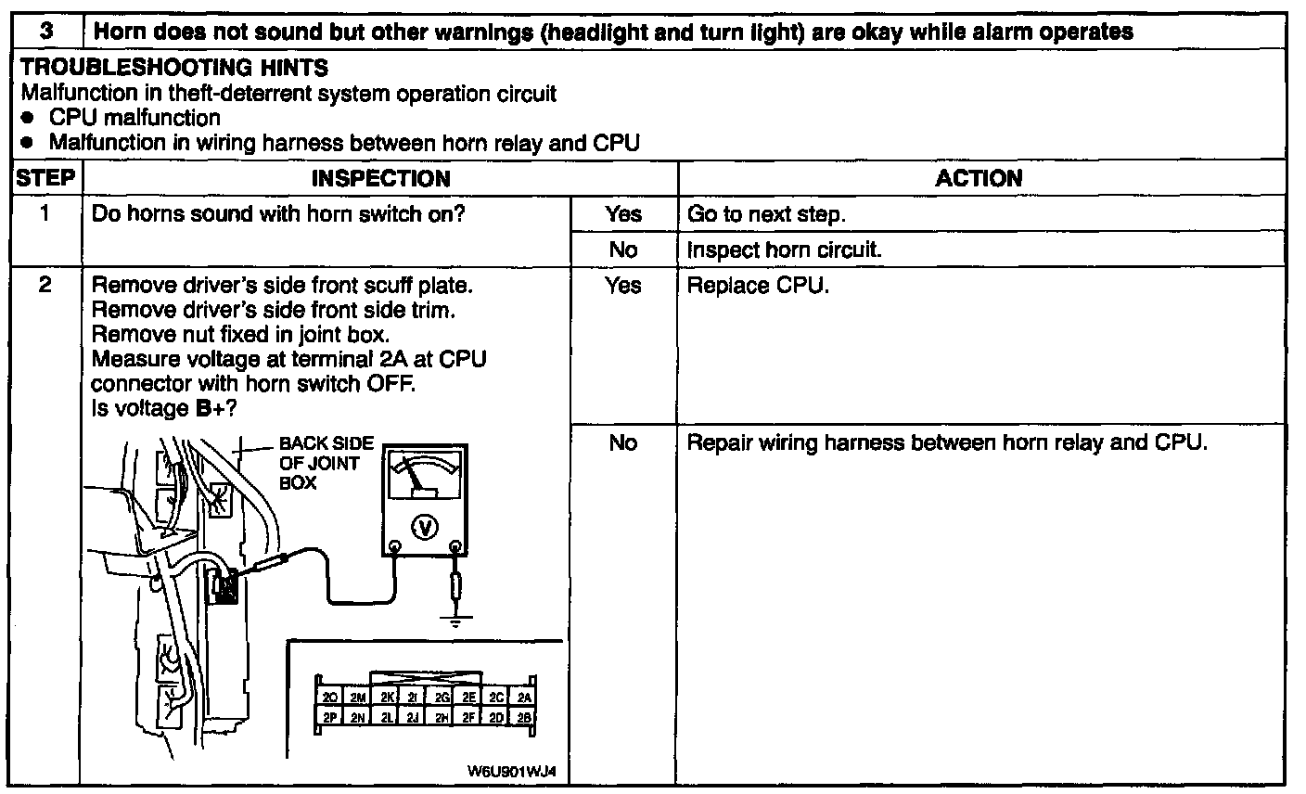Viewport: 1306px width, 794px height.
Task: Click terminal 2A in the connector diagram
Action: click(x=525, y=698)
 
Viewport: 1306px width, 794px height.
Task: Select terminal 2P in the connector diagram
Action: click(x=328, y=717)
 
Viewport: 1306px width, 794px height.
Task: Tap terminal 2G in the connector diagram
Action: click(x=442, y=698)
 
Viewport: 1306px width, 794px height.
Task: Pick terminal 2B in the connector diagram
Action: click(x=525, y=717)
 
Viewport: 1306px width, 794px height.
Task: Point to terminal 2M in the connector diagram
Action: click(x=357, y=698)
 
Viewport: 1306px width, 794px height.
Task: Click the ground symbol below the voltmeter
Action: click(x=455, y=621)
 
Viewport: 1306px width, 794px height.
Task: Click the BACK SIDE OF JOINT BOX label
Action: click(x=319, y=464)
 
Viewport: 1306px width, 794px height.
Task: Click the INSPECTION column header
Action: click(x=380, y=178)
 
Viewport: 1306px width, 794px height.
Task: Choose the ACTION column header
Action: click(x=979, y=178)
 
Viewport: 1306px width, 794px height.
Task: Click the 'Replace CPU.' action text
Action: click(x=758, y=286)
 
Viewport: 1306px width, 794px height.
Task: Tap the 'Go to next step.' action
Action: click(x=766, y=214)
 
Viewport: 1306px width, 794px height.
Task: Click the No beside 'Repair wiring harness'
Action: click(x=623, y=443)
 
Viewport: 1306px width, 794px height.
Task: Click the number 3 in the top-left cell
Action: click(x=46, y=31)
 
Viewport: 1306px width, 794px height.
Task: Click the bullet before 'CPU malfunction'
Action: click(x=30, y=119)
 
